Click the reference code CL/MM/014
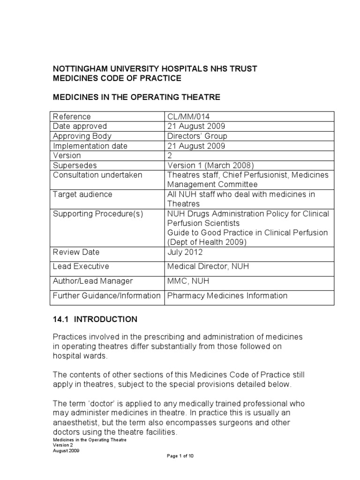pyautogui.click(x=186, y=116)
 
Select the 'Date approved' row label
pyautogui.click(x=80, y=126)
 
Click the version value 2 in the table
pyautogui.click(x=170, y=155)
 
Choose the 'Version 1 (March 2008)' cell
pyautogui.click(x=206, y=165)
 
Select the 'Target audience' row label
pyautogui.click(x=82, y=194)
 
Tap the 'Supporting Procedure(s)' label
pyautogui.click(x=97, y=214)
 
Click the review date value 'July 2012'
pyautogui.click(x=185, y=252)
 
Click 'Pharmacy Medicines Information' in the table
pyautogui.click(x=227, y=295)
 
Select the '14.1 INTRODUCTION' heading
pyautogui.click(x=95, y=319)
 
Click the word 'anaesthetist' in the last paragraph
pyautogui.click(x=75, y=423)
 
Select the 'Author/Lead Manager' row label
pyautogui.click(x=93, y=281)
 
